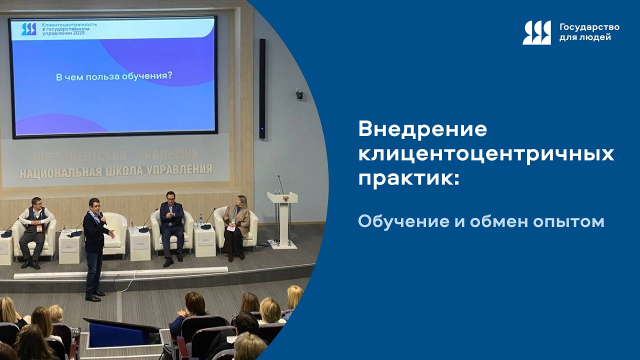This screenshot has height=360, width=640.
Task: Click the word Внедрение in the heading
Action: click(422, 130)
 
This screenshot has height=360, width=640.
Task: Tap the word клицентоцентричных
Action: click(486, 154)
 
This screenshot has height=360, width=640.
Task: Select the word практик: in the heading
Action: click(408, 179)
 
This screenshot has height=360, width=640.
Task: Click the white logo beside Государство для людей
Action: click(536, 32)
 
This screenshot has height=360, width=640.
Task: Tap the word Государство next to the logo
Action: click(589, 27)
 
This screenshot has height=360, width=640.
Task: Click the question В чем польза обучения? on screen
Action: click(113, 77)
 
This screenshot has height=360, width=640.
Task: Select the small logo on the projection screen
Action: click(28, 29)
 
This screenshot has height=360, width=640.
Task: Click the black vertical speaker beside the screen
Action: click(262, 88)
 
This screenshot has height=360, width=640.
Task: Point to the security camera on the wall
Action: click(299, 94)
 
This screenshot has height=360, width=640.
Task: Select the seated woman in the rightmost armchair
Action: click(236, 225)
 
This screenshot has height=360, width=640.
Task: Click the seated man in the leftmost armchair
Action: click(34, 230)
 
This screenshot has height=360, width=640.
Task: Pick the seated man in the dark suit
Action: click(171, 225)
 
